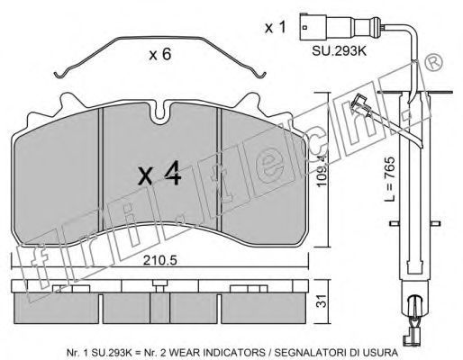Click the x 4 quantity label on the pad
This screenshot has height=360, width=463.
pyautogui.click(x=159, y=173)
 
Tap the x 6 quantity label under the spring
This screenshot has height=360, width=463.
pyautogui.click(x=160, y=54)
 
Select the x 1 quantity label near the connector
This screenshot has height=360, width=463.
pyautogui.click(x=276, y=27)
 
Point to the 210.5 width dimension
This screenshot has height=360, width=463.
pyautogui.click(x=159, y=260)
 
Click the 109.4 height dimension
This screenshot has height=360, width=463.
pyautogui.click(x=322, y=168)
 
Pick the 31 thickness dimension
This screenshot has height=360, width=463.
pyautogui.click(x=322, y=301)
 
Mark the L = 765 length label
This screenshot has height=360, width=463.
pyautogui.click(x=390, y=179)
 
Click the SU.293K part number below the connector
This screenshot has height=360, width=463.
pyautogui.click(x=340, y=50)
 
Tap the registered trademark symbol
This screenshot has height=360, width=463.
pyautogui.click(x=433, y=62)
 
